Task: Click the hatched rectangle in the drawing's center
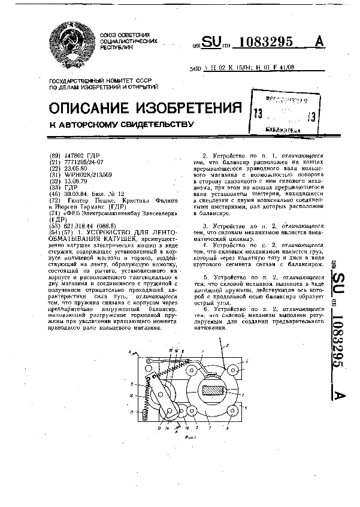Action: click(x=211, y=391)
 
